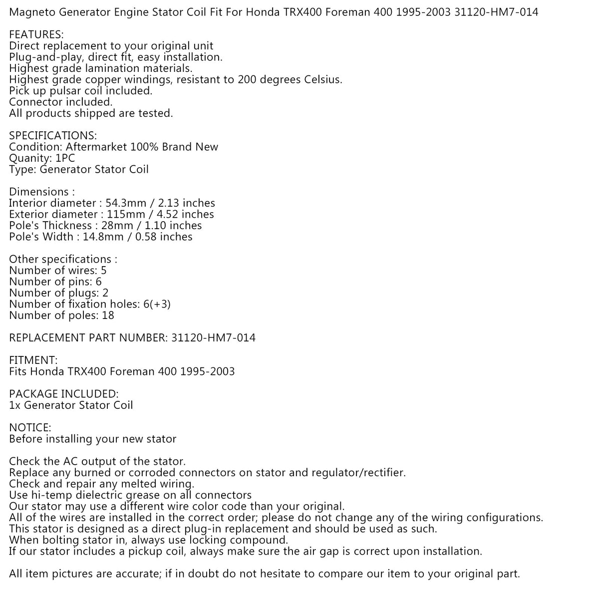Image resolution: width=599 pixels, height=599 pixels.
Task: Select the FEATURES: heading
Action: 36,34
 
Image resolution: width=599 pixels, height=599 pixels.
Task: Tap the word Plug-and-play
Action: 44,57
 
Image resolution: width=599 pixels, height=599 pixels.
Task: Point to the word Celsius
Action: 323,80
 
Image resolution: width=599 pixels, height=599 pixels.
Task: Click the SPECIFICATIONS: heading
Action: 53,136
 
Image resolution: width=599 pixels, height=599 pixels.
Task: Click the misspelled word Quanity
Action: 29,158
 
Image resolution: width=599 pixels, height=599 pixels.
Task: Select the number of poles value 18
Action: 108,315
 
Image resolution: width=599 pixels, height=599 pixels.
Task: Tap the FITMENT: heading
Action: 33,360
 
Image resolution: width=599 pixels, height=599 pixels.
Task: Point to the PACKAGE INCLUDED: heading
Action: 64,394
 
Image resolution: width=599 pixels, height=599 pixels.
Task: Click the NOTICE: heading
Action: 30,428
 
